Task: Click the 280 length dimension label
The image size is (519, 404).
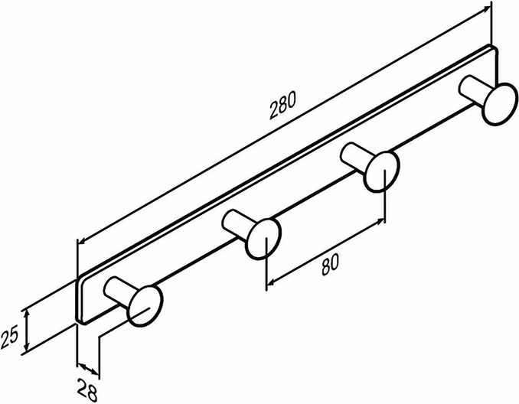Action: coord(282,106)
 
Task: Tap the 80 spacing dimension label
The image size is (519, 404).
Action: coord(331,265)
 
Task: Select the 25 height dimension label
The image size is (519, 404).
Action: coord(10,336)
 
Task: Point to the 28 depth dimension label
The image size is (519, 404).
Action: coord(87,389)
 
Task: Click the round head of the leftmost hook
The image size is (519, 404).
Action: coord(145,306)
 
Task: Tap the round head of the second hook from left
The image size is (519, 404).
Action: coord(264,239)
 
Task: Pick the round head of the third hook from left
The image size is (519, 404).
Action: coord(382,171)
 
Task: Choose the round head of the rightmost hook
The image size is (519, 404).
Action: coord(500,104)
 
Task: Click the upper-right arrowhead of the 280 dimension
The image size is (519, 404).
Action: coord(488,9)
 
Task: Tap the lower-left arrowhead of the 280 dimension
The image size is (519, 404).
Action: coord(82,241)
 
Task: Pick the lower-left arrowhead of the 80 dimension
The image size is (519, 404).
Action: coord(271,282)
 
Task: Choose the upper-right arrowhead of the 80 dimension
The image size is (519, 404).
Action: coord(380,221)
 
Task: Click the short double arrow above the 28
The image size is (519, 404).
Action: coord(88,370)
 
